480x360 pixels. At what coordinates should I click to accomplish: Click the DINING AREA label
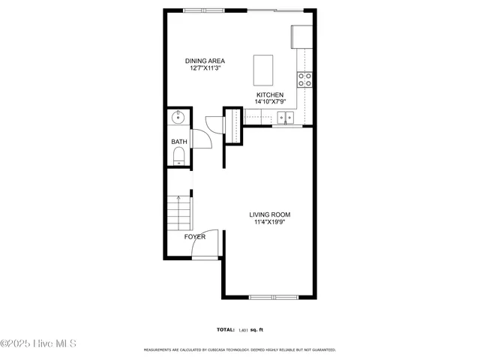(205, 61)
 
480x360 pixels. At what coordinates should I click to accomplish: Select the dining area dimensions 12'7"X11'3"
(205, 68)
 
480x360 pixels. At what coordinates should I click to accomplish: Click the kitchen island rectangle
(262, 70)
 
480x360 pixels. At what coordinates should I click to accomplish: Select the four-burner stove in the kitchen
(304, 78)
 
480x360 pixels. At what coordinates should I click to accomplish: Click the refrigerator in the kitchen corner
(301, 36)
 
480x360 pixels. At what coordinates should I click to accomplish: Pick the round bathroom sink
(178, 118)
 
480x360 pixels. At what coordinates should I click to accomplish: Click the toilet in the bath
(178, 156)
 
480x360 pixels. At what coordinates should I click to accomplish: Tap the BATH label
(178, 142)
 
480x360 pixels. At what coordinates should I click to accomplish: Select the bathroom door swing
(201, 139)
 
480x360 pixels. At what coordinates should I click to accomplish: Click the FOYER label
(195, 237)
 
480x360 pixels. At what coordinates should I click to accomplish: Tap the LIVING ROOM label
(269, 214)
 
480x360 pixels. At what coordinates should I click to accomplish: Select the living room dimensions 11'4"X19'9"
(269, 222)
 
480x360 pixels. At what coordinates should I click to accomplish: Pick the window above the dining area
(202, 10)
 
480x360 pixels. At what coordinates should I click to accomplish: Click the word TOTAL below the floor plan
(225, 329)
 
